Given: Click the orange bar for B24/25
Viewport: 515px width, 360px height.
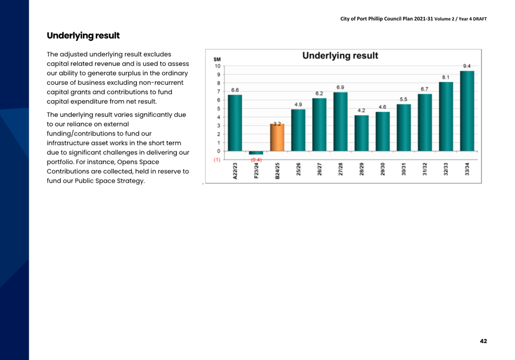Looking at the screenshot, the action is click(x=277, y=137).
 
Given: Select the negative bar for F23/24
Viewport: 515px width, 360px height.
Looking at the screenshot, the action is click(x=256, y=153).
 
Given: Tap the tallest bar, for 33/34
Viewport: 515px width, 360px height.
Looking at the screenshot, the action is click(x=467, y=111).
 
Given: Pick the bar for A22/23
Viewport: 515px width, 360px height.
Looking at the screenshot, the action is click(x=235, y=123).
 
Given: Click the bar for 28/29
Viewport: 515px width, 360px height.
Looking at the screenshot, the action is click(x=361, y=133).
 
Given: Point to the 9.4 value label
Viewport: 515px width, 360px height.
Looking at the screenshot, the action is click(x=467, y=66).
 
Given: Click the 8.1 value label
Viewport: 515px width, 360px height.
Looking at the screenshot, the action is click(x=445, y=77).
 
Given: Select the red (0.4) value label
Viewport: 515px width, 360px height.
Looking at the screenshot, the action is click(x=256, y=160).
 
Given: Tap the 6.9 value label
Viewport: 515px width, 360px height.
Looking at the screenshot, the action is click(x=340, y=87).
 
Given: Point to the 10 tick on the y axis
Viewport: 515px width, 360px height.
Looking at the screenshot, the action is click(x=218, y=66).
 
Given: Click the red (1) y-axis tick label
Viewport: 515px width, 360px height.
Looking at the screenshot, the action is click(x=217, y=160).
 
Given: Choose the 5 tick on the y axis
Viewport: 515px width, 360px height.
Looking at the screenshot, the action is click(x=219, y=109).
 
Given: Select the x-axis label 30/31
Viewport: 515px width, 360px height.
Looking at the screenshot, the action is click(x=404, y=169).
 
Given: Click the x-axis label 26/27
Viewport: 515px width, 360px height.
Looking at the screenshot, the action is click(x=319, y=169).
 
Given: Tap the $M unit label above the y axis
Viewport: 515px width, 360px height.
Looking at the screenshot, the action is click(x=217, y=59).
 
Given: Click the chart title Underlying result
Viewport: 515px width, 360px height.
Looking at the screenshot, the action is click(x=340, y=55).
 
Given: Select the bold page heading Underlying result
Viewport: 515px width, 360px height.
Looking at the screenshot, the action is click(x=83, y=36).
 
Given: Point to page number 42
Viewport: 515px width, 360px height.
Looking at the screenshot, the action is click(x=484, y=341).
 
